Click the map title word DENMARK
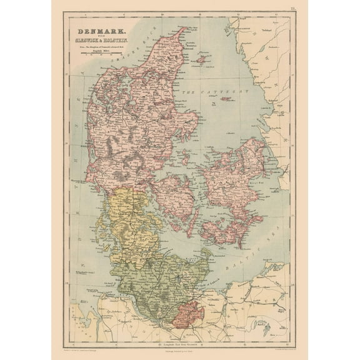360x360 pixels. (x=99, y=31)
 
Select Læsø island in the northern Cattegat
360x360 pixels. (x=201, y=59)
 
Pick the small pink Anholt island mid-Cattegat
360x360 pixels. (x=226, y=99)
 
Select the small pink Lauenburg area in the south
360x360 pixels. (x=187, y=312)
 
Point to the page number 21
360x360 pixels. (x=292, y=8)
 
